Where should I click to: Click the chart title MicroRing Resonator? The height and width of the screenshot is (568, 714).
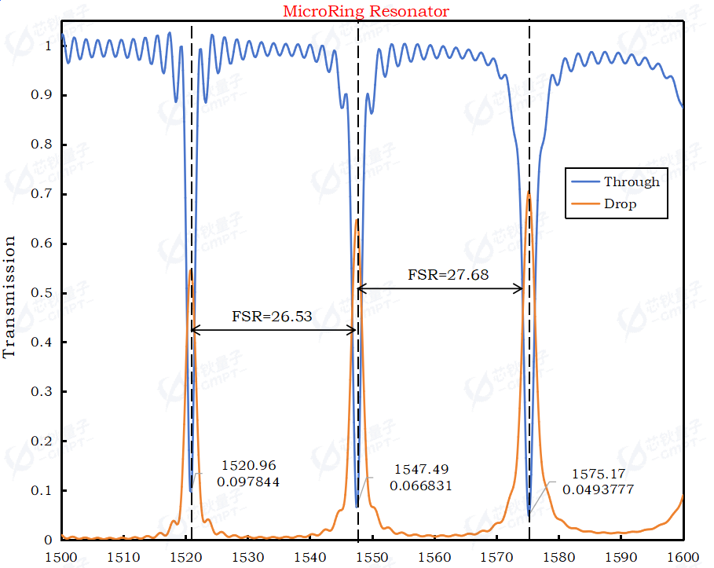coord(366,11)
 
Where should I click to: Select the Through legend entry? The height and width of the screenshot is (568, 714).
coord(631,181)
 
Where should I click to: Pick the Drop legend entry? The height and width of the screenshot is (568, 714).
coord(620,204)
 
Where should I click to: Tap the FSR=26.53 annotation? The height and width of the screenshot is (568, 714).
coord(272,317)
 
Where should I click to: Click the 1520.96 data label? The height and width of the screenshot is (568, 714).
coord(248,465)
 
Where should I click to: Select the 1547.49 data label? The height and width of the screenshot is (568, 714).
coord(421,469)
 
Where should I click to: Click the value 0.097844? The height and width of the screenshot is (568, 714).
coord(248,482)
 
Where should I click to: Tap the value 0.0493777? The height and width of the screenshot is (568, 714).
coord(598,489)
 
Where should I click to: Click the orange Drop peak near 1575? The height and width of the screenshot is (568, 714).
coord(529,192)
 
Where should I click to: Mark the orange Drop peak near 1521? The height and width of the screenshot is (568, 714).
coord(191,269)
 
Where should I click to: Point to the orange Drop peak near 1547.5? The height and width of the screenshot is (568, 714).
coord(357,220)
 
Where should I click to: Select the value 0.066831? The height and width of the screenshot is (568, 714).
coord(421,486)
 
